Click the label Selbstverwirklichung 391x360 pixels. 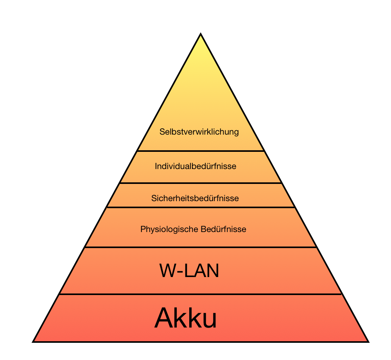[x=199, y=132]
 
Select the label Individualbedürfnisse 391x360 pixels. [x=195, y=166]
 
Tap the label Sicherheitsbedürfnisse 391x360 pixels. [x=195, y=198]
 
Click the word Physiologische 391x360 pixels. [x=169, y=229]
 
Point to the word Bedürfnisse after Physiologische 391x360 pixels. [x=223, y=229]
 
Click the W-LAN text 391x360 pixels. [x=189, y=271]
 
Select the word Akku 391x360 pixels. [x=185, y=318]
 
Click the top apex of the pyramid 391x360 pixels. [x=201, y=33]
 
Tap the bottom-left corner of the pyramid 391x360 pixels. [x=33, y=342]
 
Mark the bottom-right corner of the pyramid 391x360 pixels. [x=369, y=342]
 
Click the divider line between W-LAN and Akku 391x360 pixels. [x=200, y=294]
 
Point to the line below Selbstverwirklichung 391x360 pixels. [x=201, y=151]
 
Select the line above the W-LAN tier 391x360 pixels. [x=201, y=247]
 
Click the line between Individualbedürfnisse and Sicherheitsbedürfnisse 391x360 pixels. [x=201, y=183]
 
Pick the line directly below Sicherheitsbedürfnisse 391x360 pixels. [x=201, y=207]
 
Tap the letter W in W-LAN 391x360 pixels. [x=168, y=271]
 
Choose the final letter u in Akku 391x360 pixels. [x=210, y=321]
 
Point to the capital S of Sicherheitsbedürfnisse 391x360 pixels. [x=154, y=198]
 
